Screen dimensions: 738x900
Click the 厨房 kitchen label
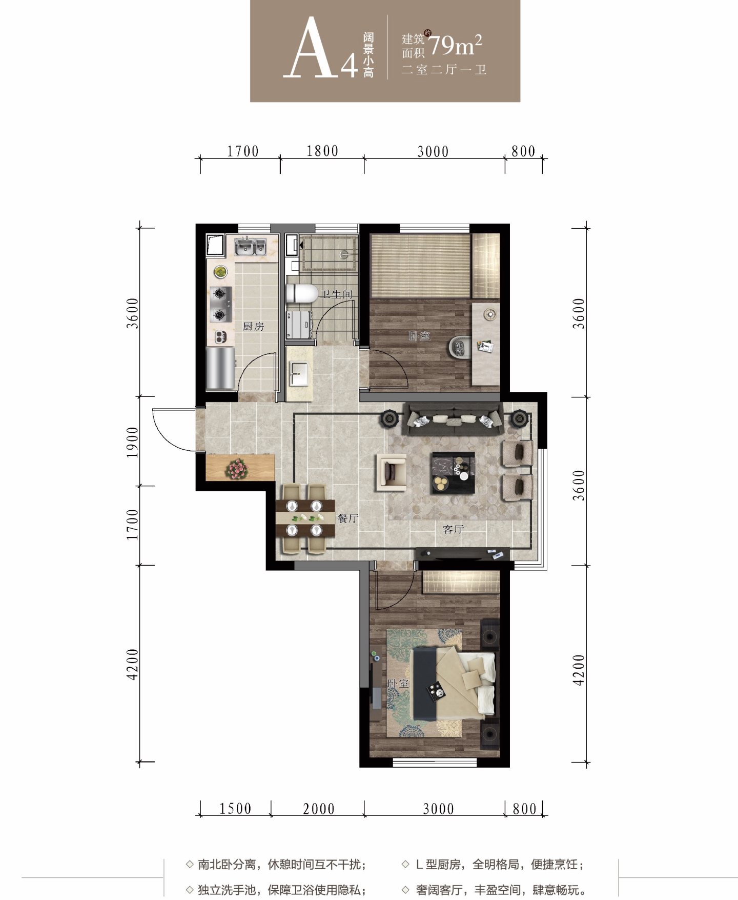click(253, 326)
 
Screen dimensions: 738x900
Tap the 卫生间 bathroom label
click(337, 294)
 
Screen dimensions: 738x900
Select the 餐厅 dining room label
click(347, 518)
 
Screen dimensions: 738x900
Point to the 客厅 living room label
click(453, 529)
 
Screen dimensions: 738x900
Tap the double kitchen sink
click(250, 247)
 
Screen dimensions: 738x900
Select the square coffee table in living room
click(453, 472)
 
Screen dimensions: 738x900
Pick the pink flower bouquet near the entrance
click(236, 469)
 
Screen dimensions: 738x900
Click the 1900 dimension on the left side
click(132, 442)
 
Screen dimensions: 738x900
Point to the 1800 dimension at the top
click(322, 151)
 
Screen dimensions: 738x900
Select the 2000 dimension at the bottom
click(318, 809)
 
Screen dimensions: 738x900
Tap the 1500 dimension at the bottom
click(235, 809)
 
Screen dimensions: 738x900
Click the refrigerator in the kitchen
click(220, 368)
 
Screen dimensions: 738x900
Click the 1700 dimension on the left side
click(132, 524)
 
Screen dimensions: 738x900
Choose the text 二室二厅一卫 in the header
click(444, 70)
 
